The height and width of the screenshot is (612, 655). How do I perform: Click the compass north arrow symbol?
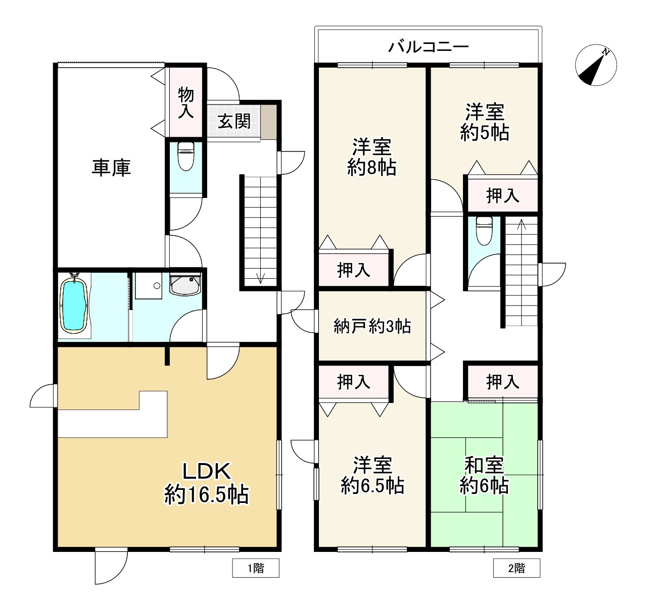click(x=596, y=65)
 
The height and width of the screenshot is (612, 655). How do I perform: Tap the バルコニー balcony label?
click(x=428, y=47)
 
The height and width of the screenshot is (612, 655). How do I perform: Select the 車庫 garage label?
click(x=111, y=167)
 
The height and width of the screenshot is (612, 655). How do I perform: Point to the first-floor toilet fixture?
click(x=186, y=156)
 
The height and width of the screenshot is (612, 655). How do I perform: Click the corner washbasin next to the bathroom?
click(x=185, y=284)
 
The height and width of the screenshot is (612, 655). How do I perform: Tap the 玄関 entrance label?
click(x=234, y=121)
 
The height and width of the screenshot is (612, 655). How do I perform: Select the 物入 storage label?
click(x=185, y=103)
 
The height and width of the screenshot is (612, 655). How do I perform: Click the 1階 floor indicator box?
click(x=256, y=568)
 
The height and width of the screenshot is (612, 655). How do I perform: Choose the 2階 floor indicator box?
click(x=517, y=568)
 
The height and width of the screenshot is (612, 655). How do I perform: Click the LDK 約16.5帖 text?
click(x=207, y=483)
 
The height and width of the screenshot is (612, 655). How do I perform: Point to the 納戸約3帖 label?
click(x=372, y=326)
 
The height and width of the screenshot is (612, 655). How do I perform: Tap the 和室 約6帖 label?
click(x=484, y=475)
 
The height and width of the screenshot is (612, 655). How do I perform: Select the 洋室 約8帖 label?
click(x=372, y=157)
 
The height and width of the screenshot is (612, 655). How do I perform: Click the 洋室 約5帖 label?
click(x=484, y=122)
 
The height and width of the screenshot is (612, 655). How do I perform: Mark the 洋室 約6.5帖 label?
click(x=372, y=475)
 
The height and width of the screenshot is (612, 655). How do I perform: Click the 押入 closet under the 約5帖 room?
click(x=502, y=195)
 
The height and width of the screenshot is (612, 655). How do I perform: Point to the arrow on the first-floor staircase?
click(x=261, y=278)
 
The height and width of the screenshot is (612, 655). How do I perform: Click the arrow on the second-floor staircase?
click(x=522, y=224)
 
